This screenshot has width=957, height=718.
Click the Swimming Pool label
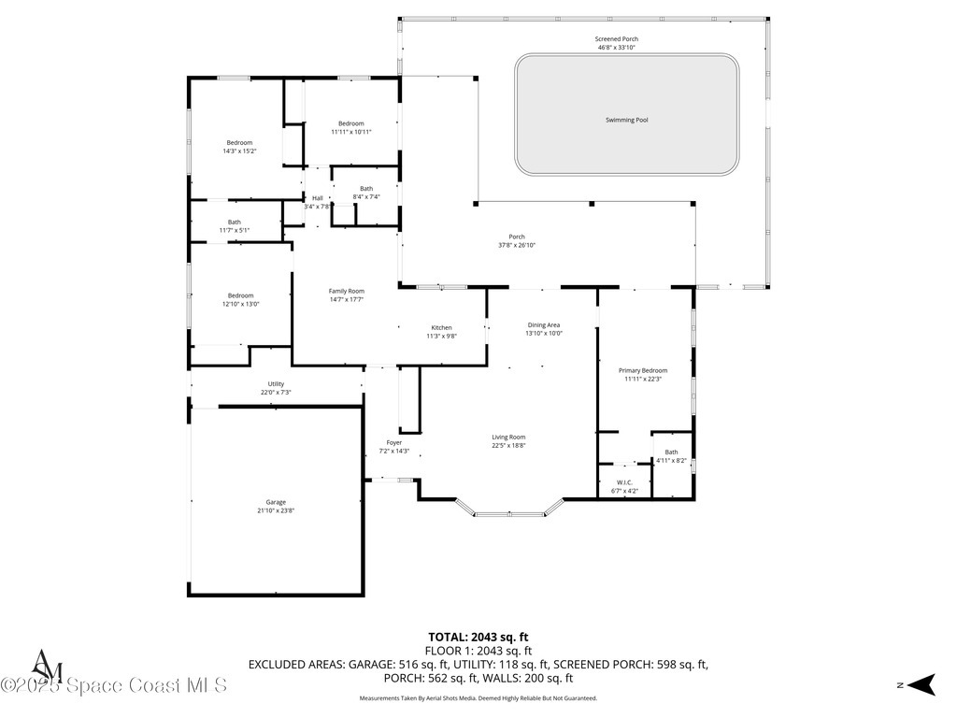[x=626, y=120]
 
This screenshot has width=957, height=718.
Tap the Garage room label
[x=276, y=502]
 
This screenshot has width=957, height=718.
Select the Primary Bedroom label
[x=643, y=370]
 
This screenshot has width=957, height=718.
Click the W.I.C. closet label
[x=625, y=482]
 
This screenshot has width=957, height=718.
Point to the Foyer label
[x=394, y=442]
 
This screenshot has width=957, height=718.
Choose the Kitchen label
[x=441, y=327]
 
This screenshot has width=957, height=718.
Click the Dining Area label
[x=543, y=324]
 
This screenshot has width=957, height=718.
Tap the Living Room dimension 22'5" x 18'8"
[x=509, y=446]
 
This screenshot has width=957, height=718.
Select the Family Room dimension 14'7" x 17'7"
[x=346, y=300]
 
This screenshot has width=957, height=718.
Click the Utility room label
[x=276, y=383]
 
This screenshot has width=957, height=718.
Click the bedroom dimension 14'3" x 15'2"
[x=239, y=151]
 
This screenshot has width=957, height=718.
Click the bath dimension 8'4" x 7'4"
[x=365, y=197]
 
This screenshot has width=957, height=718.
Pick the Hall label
[x=318, y=198]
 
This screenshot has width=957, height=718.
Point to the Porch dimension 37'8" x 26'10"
[x=516, y=245]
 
